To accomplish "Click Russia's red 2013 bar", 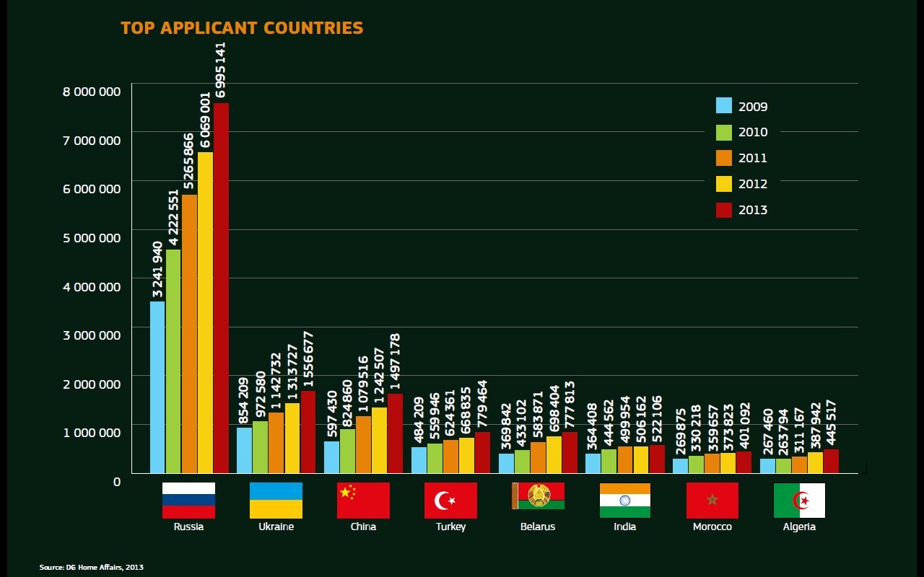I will coord(220,288).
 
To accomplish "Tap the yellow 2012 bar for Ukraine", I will coord(292,438).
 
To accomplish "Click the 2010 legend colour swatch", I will coord(724,132).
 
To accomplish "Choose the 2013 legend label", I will coord(753,211).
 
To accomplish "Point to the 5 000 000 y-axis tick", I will coord(90,237).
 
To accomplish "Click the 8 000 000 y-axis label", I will coord(90,92).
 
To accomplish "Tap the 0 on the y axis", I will coord(117,481).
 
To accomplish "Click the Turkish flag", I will coord(450,500).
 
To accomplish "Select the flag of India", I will coord(624,500).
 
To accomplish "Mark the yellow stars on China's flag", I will coord(347,492).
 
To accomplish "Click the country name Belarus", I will coord(538,527).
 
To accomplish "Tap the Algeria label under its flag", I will coord(799,527).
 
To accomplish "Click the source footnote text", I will coord(91,568).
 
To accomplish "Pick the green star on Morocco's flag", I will coord(712,500).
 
